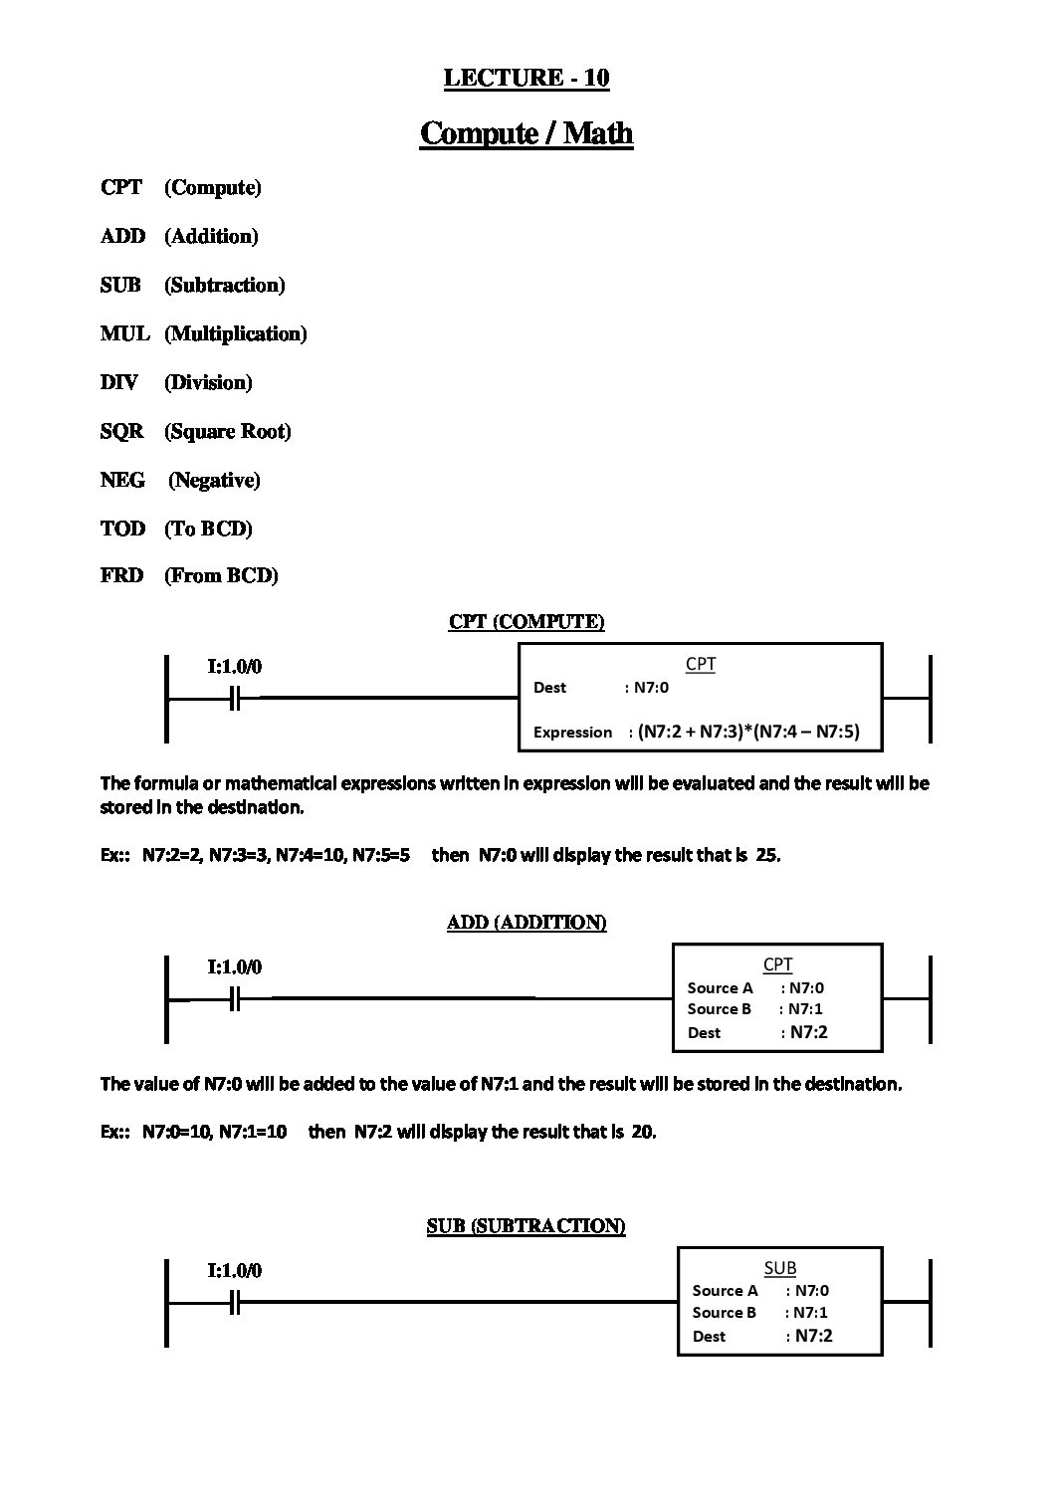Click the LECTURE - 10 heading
(526, 78)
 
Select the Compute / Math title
(526, 132)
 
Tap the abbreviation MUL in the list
(124, 333)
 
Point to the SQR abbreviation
(121, 431)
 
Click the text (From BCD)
(221, 575)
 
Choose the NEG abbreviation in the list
(122, 480)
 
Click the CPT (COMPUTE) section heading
(526, 622)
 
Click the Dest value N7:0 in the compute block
(651, 688)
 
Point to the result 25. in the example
(768, 855)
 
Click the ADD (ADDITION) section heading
(526, 923)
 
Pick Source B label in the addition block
(719, 1009)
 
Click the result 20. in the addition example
(643, 1132)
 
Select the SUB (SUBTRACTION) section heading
(526, 1226)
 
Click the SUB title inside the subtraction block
(779, 1268)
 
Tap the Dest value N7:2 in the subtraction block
(813, 1336)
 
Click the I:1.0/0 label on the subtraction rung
(235, 1270)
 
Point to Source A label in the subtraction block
(725, 1291)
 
